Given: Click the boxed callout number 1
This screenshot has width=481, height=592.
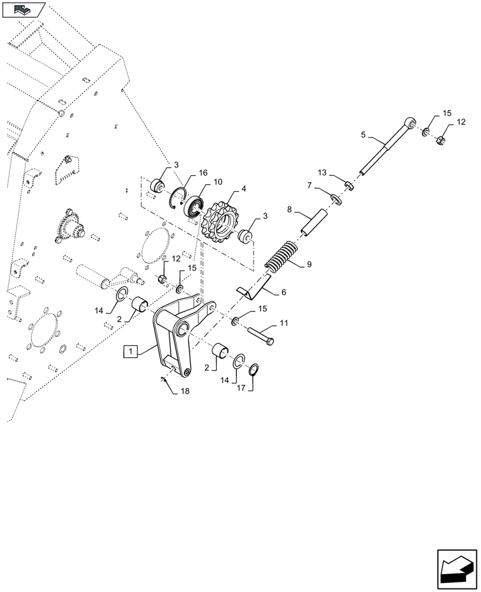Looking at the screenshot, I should (130, 352).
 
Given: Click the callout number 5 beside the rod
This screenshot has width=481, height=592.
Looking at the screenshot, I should (363, 135).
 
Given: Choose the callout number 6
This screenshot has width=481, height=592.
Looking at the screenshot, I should (283, 292).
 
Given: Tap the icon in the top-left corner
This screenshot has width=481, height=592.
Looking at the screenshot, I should (24, 9).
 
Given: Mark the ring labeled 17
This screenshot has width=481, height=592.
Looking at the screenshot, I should (254, 370).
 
